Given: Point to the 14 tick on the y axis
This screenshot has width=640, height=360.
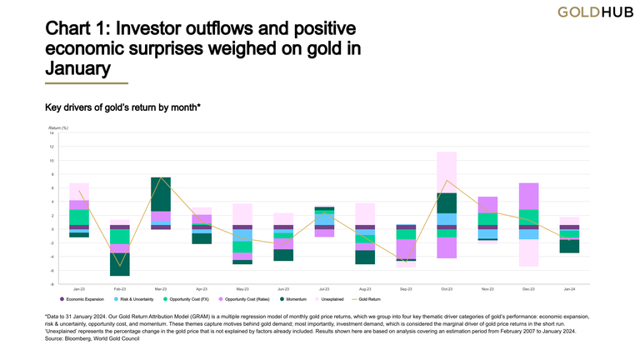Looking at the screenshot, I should tap(52, 132).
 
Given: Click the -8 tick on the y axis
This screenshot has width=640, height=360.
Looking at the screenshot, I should tap(52, 284).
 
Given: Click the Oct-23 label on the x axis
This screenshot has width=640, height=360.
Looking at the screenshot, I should tap(446, 288).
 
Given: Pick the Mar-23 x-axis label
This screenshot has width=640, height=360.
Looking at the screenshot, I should tap(161, 288).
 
